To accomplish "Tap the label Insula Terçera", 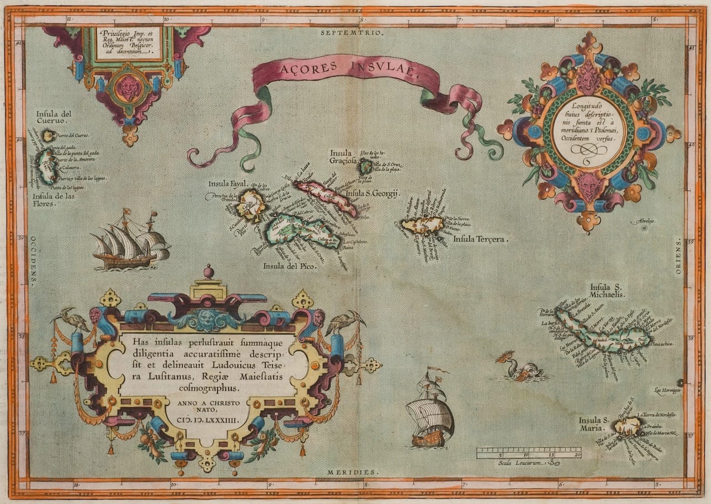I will point(480,239).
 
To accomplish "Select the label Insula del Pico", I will point(290,266).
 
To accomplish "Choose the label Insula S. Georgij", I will point(373,194).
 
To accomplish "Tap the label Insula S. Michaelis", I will point(608,290).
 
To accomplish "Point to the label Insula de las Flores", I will point(53,199).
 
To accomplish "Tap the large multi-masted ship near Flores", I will point(131,241).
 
